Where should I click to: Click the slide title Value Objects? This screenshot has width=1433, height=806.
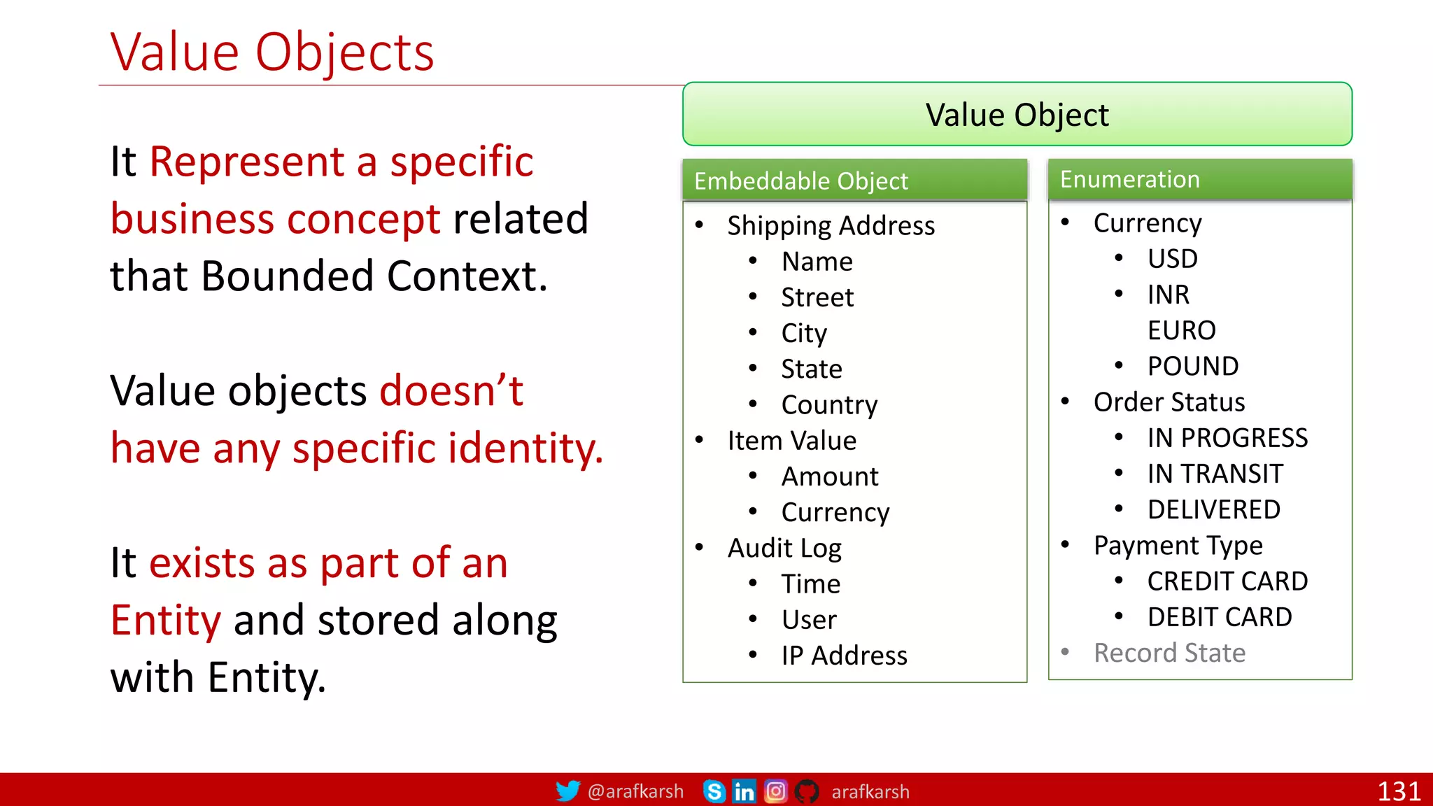coord(272,53)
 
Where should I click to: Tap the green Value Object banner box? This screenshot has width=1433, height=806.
coord(1017,115)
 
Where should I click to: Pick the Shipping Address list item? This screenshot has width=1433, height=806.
coord(831,226)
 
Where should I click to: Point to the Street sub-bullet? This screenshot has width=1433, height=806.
coord(817,297)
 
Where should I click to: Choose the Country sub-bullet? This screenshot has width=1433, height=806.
coord(829,405)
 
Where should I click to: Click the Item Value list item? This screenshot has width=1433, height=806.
coord(791,441)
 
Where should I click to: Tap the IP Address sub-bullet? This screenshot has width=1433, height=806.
coord(844,656)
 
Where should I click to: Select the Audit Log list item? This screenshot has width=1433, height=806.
coord(784,549)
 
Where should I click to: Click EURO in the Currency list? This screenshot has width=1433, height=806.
coord(1181,330)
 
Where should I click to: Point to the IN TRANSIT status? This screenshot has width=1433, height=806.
coord(1215,474)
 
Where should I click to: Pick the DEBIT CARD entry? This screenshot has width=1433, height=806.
coord(1219,617)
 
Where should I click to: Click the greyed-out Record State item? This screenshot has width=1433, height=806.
coord(1169,653)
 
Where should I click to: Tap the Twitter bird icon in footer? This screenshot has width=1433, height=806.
coord(567,791)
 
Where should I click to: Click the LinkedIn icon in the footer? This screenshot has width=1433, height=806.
coord(744,791)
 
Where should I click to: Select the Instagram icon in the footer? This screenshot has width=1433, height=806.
coord(775,791)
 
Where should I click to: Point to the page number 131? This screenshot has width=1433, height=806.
coord(1398,791)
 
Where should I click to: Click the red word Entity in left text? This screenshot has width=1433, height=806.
coord(166,621)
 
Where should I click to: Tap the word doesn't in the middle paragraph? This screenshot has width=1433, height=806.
coord(451,391)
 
